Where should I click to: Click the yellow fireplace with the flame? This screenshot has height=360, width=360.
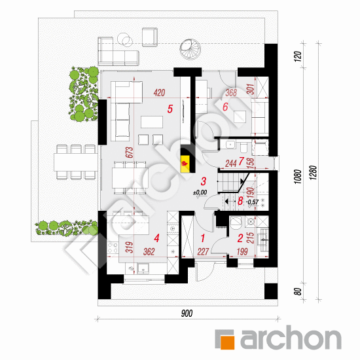click(185, 164)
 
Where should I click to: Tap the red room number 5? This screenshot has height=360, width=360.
click(170, 109)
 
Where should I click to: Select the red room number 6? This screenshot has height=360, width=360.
click(225, 107)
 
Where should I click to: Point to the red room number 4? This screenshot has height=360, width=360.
click(156, 238)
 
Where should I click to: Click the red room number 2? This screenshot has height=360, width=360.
click(240, 238)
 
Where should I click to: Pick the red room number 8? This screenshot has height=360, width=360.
click(240, 201)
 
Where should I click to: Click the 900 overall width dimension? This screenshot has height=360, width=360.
click(187, 313)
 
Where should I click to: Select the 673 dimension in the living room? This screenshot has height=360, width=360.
click(130, 153)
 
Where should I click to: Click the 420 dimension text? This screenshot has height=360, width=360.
click(159, 93)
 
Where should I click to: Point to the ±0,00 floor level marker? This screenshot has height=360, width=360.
click(200, 192)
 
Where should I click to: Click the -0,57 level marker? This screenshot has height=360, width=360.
click(252, 202)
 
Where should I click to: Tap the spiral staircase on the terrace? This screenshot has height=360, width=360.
click(190, 49)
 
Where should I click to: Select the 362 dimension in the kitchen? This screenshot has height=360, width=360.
click(149, 251)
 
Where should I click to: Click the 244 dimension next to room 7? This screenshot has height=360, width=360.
click(231, 164)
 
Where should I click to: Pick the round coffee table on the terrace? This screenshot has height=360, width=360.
click(125, 40)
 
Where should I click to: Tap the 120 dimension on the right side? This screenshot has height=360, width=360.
click(298, 56)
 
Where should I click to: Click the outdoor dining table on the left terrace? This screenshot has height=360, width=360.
click(77, 162)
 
